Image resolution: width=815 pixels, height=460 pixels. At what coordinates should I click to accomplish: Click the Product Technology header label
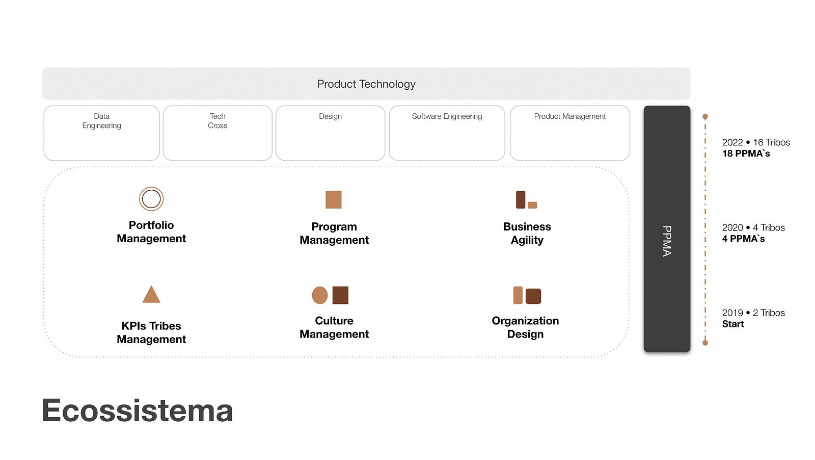pos(366,84)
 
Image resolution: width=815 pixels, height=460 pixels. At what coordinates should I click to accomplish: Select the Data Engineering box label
pos(102,121)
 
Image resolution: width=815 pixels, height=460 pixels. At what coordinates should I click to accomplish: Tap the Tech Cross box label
pos(218,121)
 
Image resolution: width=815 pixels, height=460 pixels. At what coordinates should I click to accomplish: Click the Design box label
pos(330,116)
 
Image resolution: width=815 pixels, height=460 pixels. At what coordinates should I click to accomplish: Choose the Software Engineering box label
pos(447,116)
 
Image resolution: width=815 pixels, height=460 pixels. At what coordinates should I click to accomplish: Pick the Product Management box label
pos(569,116)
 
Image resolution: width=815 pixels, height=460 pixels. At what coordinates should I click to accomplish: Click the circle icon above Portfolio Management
pos(151,199)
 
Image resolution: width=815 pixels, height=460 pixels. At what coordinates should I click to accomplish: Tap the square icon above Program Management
pos(334,199)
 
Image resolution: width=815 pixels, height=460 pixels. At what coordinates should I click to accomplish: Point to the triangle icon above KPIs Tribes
pos(151,295)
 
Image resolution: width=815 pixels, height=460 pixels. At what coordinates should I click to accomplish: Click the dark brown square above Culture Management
pos(340,295)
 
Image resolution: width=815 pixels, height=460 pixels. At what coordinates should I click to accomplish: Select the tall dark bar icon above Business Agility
pos(521,199)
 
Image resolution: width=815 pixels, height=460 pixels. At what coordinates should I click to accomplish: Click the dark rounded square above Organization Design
pos(533,296)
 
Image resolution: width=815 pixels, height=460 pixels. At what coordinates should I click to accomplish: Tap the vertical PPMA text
pos(667,241)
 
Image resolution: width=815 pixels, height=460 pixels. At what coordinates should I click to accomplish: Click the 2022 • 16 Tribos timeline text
pos(756,142)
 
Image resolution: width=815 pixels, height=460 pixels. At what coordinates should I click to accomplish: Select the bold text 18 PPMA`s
pos(746,154)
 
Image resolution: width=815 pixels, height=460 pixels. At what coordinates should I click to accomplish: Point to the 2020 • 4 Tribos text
pos(753,227)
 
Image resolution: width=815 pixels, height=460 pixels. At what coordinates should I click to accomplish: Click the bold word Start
pos(733,324)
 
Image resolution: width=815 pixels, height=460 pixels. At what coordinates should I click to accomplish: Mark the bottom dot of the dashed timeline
pos(705,343)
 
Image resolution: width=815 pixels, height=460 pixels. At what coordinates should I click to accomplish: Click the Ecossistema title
pos(138,411)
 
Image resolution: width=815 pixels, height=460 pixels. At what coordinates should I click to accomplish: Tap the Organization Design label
pos(525,327)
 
